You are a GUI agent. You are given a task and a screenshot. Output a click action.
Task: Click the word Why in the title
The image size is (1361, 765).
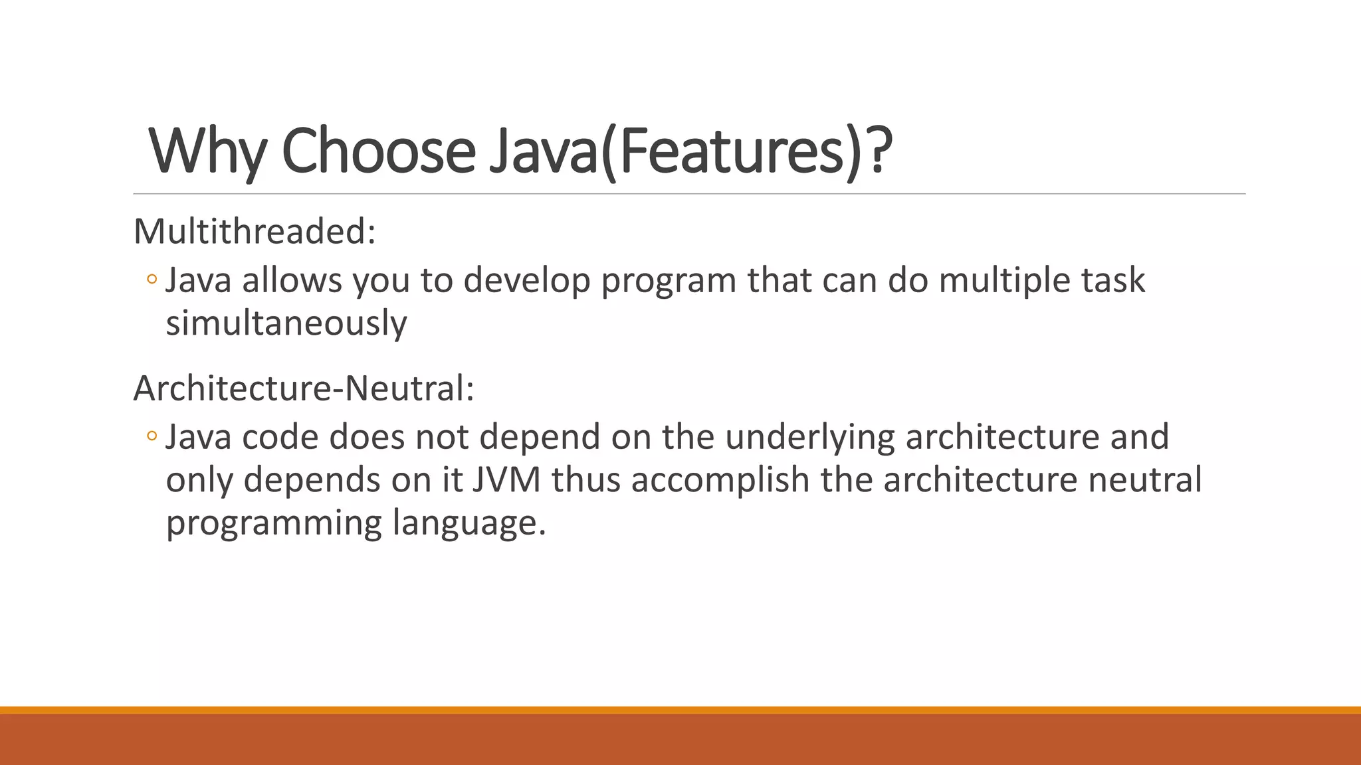(x=207, y=151)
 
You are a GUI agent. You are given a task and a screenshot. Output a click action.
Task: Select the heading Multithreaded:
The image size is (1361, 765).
(x=255, y=232)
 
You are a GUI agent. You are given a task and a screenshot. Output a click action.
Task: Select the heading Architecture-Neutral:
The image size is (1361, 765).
(x=304, y=388)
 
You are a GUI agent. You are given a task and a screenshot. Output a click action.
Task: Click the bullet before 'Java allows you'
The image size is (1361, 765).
(x=152, y=280)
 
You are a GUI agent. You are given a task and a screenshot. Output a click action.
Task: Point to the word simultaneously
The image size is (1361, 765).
(x=286, y=323)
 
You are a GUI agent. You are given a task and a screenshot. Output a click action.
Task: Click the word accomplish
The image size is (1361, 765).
(x=720, y=480)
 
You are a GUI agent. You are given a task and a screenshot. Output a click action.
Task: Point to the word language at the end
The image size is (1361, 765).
(x=469, y=523)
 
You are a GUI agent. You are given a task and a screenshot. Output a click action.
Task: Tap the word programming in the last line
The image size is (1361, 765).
(x=273, y=523)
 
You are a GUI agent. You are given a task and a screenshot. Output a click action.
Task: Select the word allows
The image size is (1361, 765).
(x=292, y=280)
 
